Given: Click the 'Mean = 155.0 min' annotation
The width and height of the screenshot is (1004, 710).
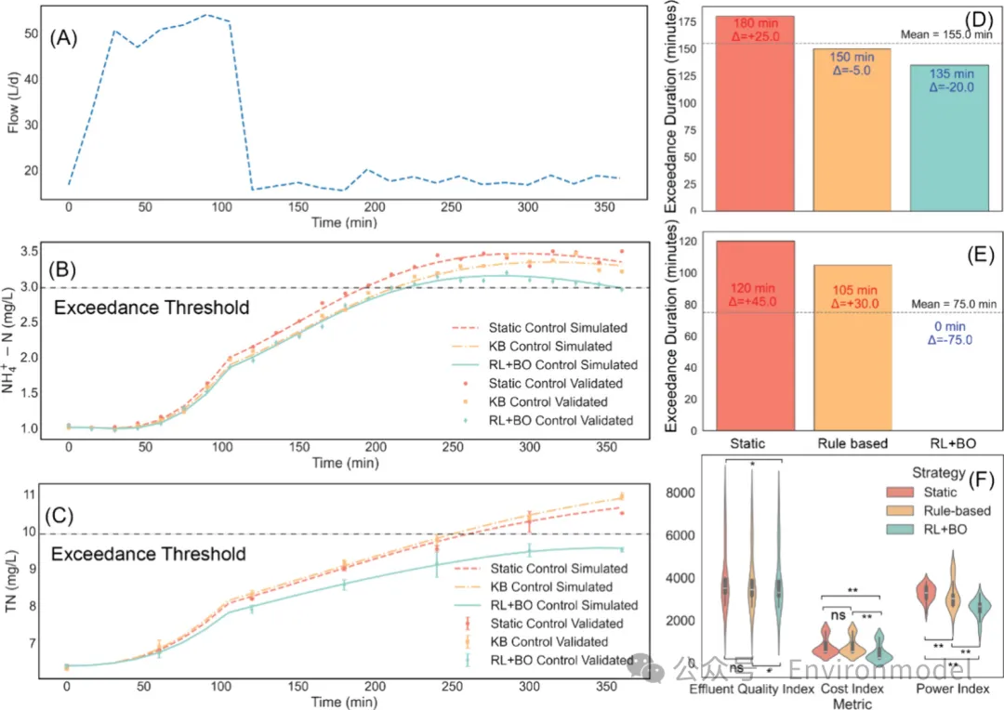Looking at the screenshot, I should coord(947,34).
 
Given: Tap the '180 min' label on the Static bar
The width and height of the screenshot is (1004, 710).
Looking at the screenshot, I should coord(756,22).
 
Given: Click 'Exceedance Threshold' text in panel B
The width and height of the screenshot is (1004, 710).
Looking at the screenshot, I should coord(152,308).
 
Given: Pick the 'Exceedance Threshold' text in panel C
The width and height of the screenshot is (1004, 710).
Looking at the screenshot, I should coord(149,554).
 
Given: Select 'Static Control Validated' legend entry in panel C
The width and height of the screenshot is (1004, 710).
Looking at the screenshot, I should coord(555,624).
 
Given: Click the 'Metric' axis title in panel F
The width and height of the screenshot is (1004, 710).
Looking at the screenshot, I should coord(852,703).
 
